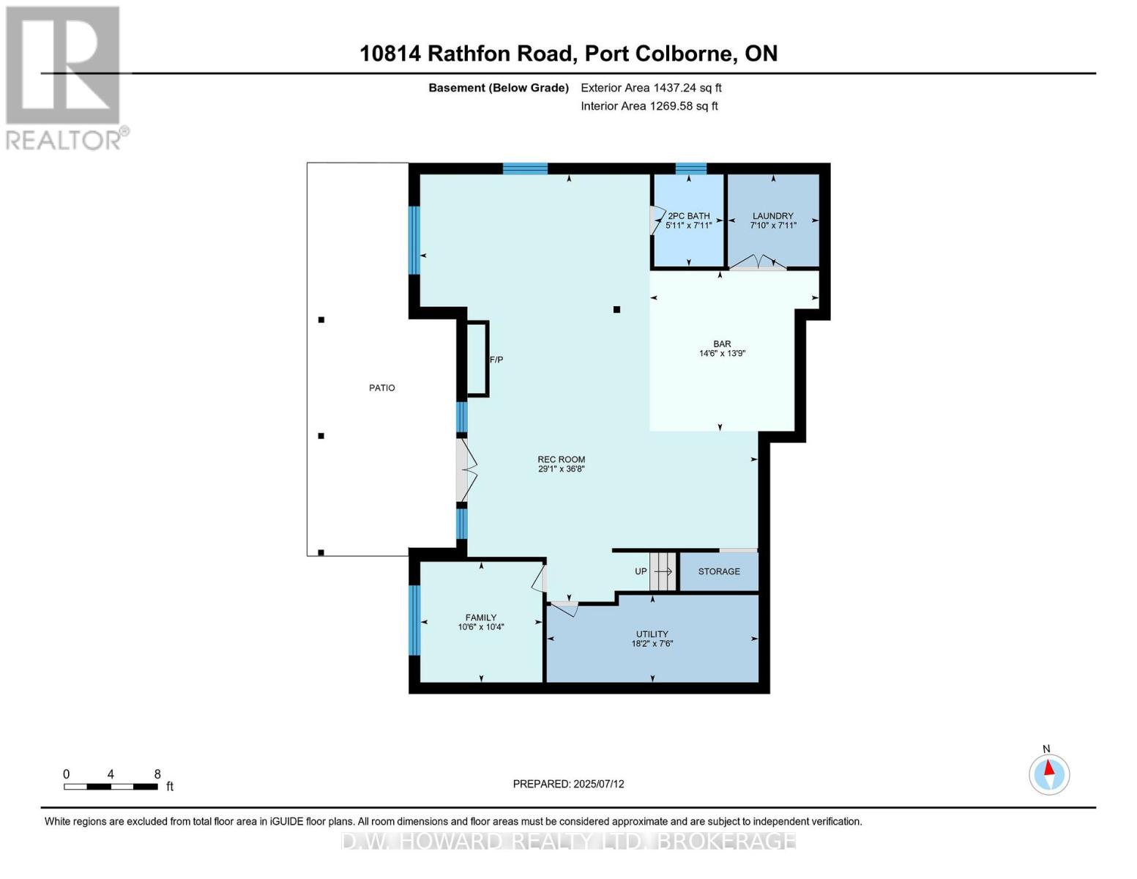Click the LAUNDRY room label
pyautogui.click(x=772, y=215)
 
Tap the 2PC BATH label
pyautogui.click(x=688, y=215)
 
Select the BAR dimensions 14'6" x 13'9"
pyautogui.click(x=722, y=353)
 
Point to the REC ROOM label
pyautogui.click(x=561, y=460)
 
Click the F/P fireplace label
pyautogui.click(x=496, y=360)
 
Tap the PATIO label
pyautogui.click(x=381, y=388)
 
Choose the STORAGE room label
pyautogui.click(x=718, y=571)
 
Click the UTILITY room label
pyautogui.click(x=652, y=634)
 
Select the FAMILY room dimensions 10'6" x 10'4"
pyautogui.click(x=480, y=627)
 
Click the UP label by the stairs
pyautogui.click(x=641, y=571)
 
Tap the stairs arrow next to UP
pyautogui.click(x=663, y=571)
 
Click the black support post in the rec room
pyautogui.click(x=616, y=309)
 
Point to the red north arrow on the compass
pyautogui.click(x=1048, y=768)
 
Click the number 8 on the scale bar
pyautogui.click(x=157, y=774)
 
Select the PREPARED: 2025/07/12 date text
pyautogui.click(x=568, y=785)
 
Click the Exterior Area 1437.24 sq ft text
pyautogui.click(x=651, y=88)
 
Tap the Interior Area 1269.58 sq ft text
pyautogui.click(x=649, y=106)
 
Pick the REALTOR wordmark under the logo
pyautogui.click(x=63, y=141)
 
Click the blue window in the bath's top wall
pyautogui.click(x=690, y=168)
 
